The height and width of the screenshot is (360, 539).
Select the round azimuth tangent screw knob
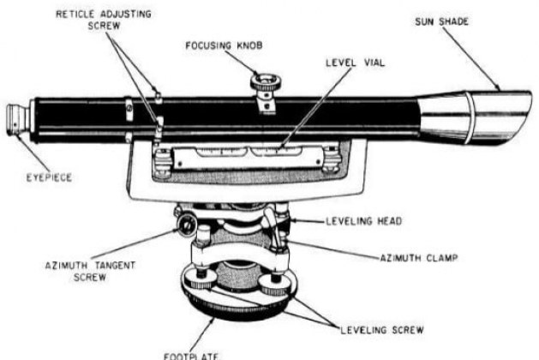point(186,225)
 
